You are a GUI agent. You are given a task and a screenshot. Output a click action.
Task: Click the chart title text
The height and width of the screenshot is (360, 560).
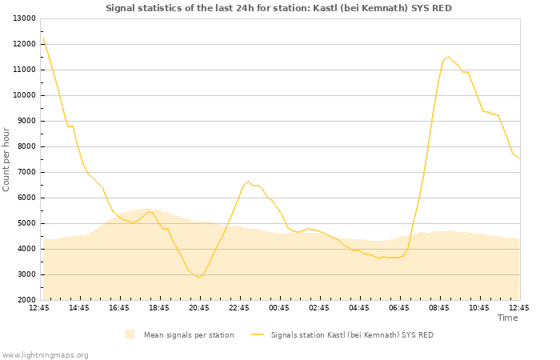pyautogui.click(x=278, y=8)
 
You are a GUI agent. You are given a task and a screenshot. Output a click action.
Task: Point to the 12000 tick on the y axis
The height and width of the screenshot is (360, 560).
pyautogui.click(x=23, y=44)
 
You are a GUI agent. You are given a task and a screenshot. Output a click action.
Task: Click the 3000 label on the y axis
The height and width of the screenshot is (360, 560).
pyautogui.click(x=26, y=274)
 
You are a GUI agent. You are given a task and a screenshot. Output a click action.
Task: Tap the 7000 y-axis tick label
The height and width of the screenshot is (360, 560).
pyautogui.click(x=26, y=172)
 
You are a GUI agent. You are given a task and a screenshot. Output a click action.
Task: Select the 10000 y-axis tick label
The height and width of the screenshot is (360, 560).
pyautogui.click(x=23, y=95)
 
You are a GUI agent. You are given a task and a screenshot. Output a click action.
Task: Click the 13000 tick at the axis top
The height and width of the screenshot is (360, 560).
pyautogui.click(x=23, y=18)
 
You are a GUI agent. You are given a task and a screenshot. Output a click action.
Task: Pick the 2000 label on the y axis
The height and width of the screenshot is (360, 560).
pyautogui.click(x=26, y=300)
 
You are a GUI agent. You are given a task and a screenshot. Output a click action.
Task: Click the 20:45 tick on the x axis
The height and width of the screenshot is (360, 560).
pyautogui.click(x=198, y=308)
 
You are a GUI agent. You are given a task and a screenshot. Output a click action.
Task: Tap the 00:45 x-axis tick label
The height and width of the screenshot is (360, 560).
pyautogui.click(x=278, y=308)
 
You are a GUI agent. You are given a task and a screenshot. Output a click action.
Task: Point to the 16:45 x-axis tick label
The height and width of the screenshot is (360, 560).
pyautogui.click(x=118, y=308)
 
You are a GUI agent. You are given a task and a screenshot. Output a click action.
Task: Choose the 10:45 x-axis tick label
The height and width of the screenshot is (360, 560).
pyautogui.click(x=478, y=308)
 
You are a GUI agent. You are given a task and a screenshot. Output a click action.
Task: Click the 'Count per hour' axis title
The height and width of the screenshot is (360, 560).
pyautogui.click(x=6, y=159)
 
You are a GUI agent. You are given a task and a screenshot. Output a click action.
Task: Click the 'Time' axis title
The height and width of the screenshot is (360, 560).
pyautogui.click(x=507, y=318)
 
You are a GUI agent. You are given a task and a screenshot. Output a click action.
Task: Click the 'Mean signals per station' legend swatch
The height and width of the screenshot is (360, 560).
pyautogui.click(x=130, y=334)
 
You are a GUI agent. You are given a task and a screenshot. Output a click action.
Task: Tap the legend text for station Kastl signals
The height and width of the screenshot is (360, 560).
pyautogui.click(x=352, y=334)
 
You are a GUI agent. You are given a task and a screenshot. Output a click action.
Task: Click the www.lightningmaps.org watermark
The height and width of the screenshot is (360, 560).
pyautogui.click(x=45, y=355)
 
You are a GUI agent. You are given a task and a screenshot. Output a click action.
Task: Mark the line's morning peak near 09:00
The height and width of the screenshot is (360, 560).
pyautogui.click(x=448, y=57)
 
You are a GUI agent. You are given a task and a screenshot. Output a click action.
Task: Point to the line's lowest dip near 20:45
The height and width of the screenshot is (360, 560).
pyautogui.click(x=198, y=277)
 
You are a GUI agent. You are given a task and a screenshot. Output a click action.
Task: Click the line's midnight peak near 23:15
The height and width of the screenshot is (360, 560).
pyautogui.click(x=248, y=182)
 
